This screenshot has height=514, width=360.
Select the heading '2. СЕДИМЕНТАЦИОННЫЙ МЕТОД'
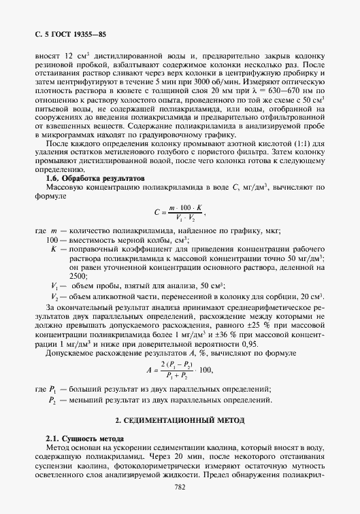(180, 422)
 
